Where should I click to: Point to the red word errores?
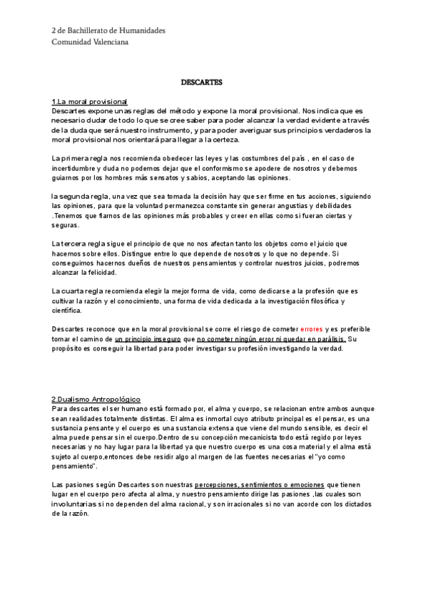[x=312, y=329]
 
